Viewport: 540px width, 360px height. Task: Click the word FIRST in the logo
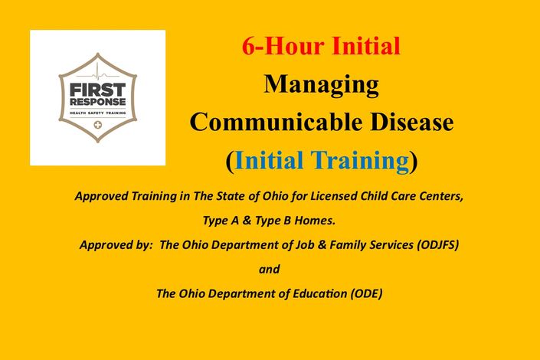click(98, 90)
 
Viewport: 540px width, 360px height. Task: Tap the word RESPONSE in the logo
click(98, 102)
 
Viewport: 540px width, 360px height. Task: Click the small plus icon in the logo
click(98, 125)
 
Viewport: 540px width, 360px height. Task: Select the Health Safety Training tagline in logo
click(98, 113)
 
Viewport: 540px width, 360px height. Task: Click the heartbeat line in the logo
click(98, 74)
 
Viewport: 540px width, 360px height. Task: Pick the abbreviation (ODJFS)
click(437, 245)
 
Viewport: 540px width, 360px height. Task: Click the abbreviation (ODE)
click(366, 294)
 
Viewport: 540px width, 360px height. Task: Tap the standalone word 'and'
click(270, 269)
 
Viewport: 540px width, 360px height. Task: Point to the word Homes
click(315, 221)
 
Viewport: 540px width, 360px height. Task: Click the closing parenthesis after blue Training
click(414, 162)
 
